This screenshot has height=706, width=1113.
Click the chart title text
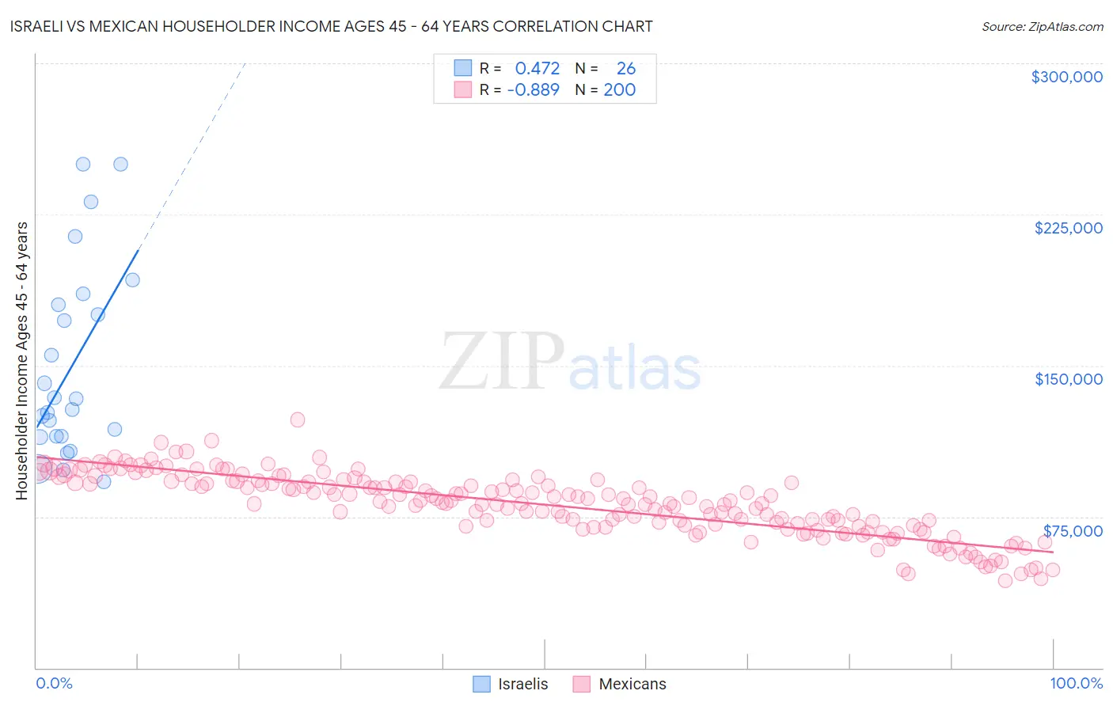[x=331, y=26]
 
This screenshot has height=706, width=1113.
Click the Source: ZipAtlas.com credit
[x=1042, y=26]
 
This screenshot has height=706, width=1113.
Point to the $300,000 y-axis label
[x=1066, y=77]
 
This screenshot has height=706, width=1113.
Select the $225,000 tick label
[x=1068, y=228]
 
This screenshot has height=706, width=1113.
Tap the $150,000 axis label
[x=1068, y=379]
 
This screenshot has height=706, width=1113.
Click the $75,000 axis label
[x=1072, y=531]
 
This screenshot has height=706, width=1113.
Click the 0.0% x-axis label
[x=54, y=683]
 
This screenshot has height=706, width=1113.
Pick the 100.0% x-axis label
[x=1076, y=683]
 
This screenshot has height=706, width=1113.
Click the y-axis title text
[x=22, y=360]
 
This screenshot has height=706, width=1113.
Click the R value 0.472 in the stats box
[x=538, y=68]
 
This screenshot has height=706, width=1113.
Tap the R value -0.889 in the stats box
[x=534, y=89]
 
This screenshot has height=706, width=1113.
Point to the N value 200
[x=620, y=89]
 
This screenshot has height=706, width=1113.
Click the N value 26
[x=625, y=68]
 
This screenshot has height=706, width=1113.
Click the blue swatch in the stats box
[x=463, y=68]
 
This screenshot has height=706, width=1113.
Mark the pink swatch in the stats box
[x=463, y=89]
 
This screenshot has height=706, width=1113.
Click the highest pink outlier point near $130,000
[x=298, y=419]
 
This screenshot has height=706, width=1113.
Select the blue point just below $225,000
[x=75, y=236]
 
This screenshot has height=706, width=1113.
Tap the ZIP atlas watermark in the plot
[x=570, y=362]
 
